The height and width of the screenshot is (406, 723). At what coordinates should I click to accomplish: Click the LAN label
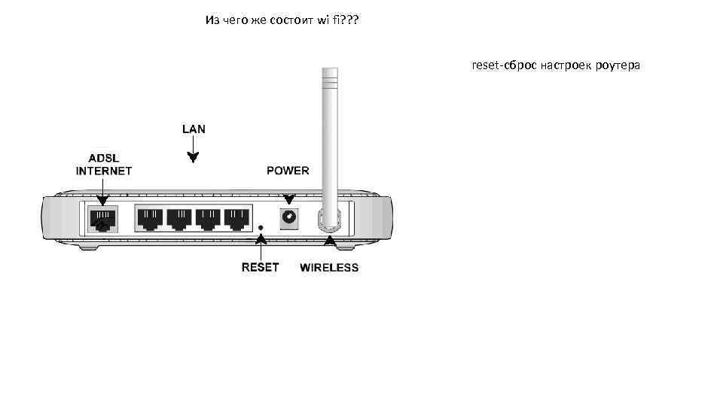point(194,129)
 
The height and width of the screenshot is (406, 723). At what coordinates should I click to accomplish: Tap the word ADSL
point(103,159)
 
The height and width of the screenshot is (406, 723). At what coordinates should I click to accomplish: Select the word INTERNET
point(104,171)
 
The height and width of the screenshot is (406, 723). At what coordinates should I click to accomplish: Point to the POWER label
point(288,171)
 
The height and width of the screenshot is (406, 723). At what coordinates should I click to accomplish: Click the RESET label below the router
point(260,267)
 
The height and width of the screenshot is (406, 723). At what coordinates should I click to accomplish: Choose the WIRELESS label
point(329,268)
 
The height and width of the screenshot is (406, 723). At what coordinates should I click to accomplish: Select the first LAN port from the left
point(150,218)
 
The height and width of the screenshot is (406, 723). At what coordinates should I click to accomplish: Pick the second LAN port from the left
point(179,218)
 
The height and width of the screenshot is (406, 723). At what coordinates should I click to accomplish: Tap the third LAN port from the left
point(209,218)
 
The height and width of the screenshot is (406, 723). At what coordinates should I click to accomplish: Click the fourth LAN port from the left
point(237,218)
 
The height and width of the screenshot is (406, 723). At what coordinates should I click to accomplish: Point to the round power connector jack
point(288,218)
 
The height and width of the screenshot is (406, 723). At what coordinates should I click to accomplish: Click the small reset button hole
point(261,226)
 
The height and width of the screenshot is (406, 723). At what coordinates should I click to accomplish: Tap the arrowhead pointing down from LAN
point(194,158)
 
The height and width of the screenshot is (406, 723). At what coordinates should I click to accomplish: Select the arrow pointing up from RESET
point(261,240)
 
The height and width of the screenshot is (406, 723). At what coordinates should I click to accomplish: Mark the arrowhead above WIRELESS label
point(329,241)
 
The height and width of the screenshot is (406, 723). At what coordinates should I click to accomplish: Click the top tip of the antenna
point(329,71)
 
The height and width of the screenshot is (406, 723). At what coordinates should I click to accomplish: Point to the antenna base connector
point(329,220)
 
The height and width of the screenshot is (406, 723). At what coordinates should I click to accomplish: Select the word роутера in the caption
point(616,66)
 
